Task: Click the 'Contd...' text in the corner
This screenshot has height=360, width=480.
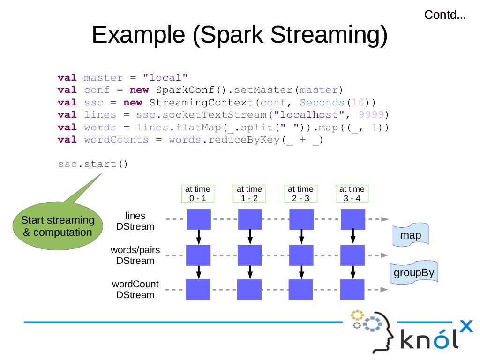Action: (x=445, y=15)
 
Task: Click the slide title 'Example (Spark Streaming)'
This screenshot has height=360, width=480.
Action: (x=240, y=35)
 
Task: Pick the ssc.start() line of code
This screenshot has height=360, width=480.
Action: (x=93, y=165)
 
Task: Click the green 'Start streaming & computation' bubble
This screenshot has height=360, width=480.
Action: (x=58, y=226)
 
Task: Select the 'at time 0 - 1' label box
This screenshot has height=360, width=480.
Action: (x=198, y=194)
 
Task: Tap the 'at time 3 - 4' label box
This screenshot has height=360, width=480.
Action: (x=352, y=194)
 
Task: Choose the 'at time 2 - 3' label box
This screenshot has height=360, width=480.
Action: (x=300, y=194)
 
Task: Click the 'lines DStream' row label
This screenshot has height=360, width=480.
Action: (x=135, y=221)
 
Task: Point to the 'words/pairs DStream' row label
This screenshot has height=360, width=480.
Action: (x=135, y=255)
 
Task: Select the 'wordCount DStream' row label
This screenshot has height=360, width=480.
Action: (x=135, y=290)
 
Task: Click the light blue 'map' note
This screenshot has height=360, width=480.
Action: (x=411, y=236)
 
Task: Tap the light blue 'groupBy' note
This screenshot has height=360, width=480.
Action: (x=414, y=272)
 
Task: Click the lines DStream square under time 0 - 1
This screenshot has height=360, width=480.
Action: (x=198, y=219)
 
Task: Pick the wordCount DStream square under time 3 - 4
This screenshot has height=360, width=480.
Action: (x=352, y=290)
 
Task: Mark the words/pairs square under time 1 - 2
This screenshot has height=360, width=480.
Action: (x=249, y=255)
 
